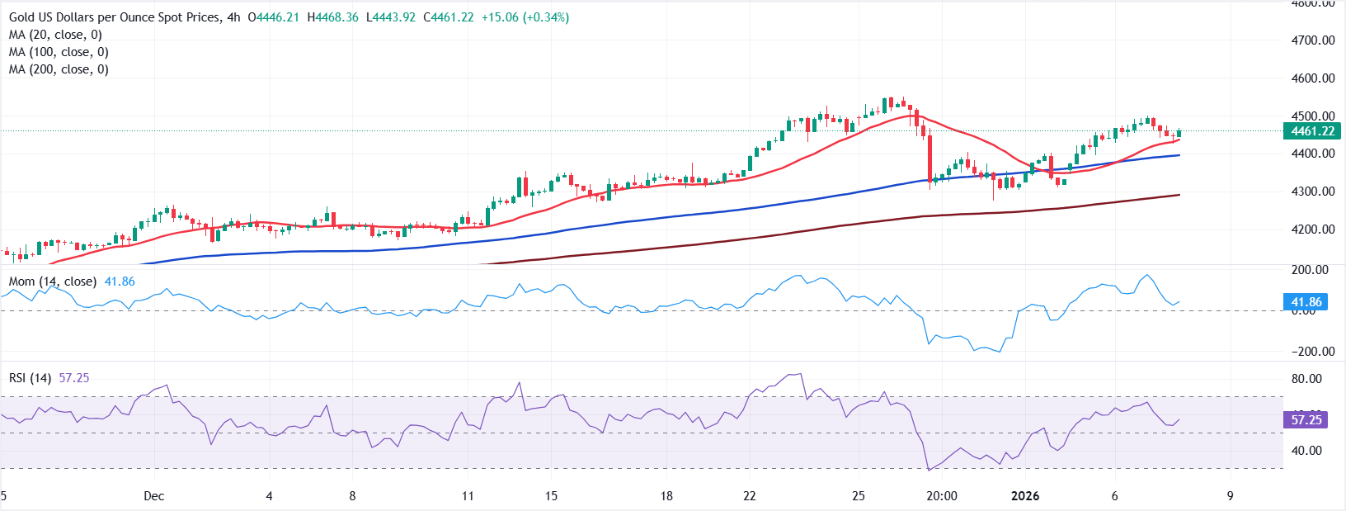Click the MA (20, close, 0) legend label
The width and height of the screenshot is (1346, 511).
[x=55, y=35]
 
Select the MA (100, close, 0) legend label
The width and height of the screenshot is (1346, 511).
[x=59, y=52]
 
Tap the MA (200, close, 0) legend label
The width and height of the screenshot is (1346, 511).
[x=59, y=69]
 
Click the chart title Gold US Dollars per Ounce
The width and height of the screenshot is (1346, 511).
[x=115, y=17]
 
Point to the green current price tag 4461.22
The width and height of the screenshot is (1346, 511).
[x=1312, y=131]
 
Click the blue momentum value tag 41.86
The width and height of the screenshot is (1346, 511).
[x=1306, y=302]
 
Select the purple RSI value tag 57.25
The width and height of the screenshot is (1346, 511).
[x=1306, y=420]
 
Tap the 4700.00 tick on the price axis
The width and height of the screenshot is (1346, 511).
[x=1313, y=40]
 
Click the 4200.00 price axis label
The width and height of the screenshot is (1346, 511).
[x=1313, y=229]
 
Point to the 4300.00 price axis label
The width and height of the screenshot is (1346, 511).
[x=1313, y=192]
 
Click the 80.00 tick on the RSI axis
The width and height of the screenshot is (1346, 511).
[x=1306, y=379]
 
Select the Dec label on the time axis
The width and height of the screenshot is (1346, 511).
[x=153, y=496]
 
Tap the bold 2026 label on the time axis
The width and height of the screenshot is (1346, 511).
[x=1025, y=496]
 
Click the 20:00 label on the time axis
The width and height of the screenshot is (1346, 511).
[x=942, y=496]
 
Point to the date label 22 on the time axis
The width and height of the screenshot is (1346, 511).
[x=749, y=496]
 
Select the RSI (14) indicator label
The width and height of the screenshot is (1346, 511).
[x=30, y=378]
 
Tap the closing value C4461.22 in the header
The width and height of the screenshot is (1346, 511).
[x=449, y=17]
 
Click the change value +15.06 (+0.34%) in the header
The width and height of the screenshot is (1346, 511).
[x=525, y=17]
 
